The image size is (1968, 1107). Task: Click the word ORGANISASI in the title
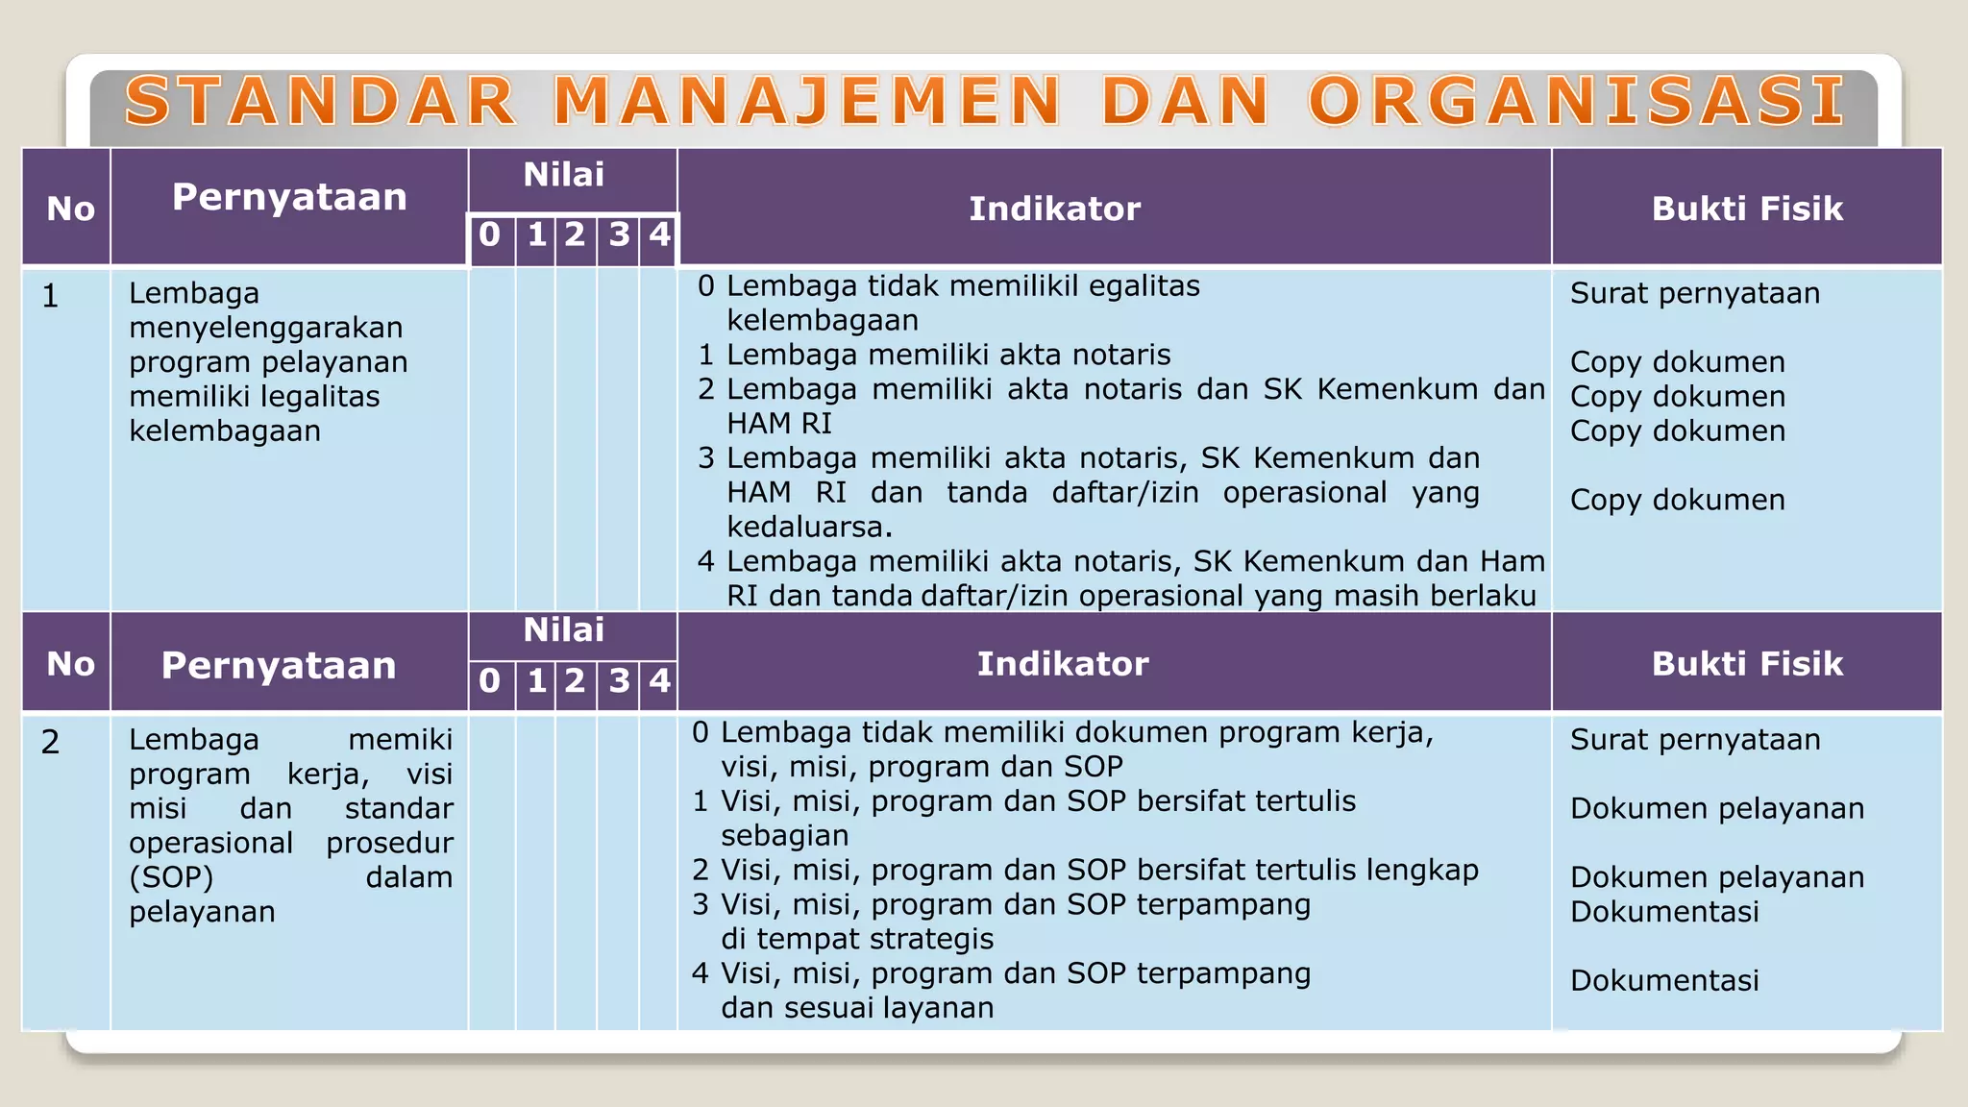click(x=1576, y=102)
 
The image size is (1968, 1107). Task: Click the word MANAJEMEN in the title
click(x=807, y=102)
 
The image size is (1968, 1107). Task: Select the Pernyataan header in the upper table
click(x=289, y=197)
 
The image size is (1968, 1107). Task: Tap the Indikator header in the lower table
click(x=1063, y=664)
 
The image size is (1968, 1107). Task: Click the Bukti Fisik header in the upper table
click(x=1747, y=209)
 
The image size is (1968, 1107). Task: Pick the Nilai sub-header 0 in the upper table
click(x=490, y=234)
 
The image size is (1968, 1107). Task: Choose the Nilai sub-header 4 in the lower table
click(x=659, y=680)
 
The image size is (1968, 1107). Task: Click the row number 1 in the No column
click(x=51, y=296)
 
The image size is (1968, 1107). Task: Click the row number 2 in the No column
click(x=51, y=742)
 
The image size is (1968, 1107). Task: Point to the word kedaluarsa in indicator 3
click(x=809, y=527)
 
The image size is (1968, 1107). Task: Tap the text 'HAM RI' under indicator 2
click(x=778, y=423)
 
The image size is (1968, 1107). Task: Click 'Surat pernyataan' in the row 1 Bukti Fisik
click(x=1695, y=293)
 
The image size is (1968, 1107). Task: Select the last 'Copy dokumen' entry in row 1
click(x=1678, y=500)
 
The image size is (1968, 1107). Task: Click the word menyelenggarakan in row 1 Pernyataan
click(x=266, y=328)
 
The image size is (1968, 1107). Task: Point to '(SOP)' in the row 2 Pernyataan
click(x=171, y=877)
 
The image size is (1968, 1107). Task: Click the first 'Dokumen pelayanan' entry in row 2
click(x=1717, y=808)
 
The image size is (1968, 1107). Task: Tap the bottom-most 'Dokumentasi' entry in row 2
click(x=1664, y=980)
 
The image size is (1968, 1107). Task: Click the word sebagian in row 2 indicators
click(x=784, y=835)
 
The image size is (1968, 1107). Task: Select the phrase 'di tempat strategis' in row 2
click(x=857, y=939)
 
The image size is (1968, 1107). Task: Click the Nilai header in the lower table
click(x=563, y=630)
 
